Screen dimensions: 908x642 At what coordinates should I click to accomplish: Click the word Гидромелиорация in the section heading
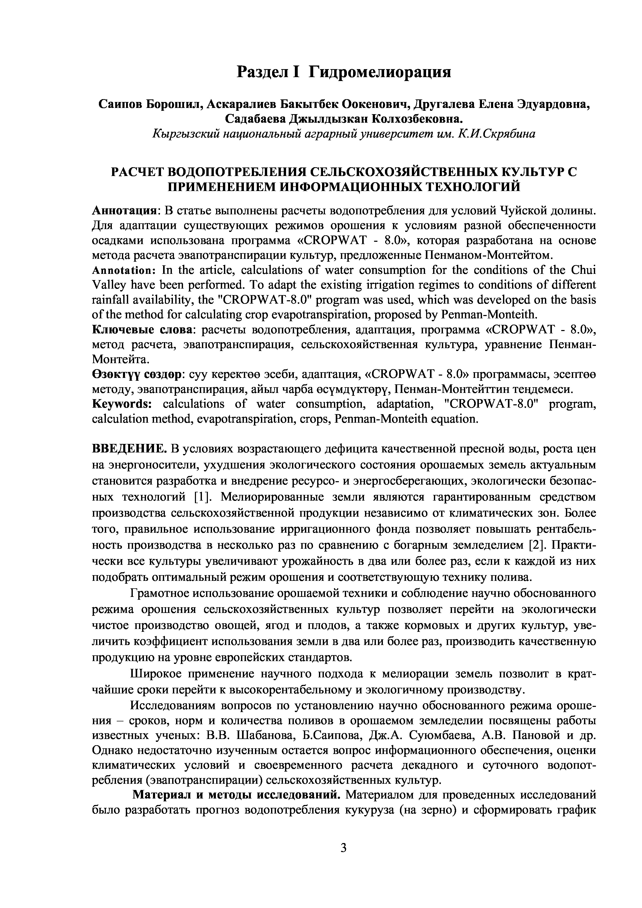point(379,72)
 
